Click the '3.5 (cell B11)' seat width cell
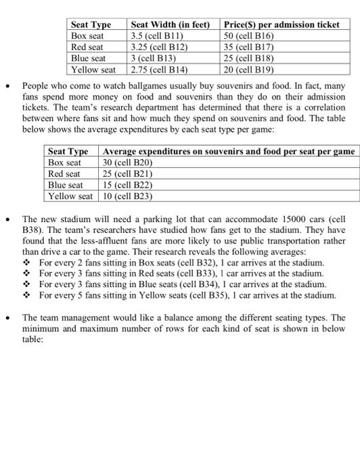[x=158, y=36]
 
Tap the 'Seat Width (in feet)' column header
[x=173, y=24]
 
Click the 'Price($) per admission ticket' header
[x=282, y=24]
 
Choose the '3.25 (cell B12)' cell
[x=159, y=47]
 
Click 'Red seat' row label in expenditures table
[x=64, y=174]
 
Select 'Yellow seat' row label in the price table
[x=94, y=69]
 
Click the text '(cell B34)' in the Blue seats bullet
[x=189, y=284]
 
